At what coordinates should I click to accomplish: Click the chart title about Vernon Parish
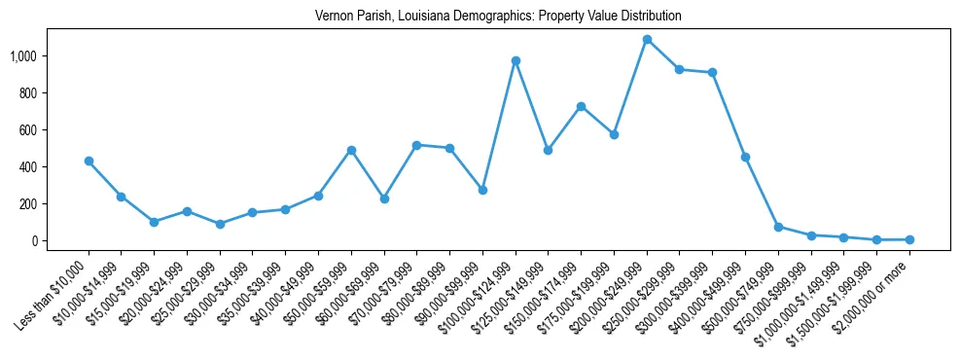pos(498,17)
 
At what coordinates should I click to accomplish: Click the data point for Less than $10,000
pos(89,161)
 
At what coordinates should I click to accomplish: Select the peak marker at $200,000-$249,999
pos(647,40)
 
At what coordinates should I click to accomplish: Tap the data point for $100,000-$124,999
pos(516,60)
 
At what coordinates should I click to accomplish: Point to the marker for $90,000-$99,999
pos(482,190)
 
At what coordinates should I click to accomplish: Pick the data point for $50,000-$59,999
pos(351,150)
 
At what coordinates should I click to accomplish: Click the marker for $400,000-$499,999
pos(745,157)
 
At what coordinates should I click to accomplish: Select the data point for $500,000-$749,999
pos(778,227)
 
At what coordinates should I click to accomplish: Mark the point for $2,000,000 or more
pos(909,239)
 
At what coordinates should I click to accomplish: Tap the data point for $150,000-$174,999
pos(581,106)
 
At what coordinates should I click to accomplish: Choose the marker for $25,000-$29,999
pos(220,224)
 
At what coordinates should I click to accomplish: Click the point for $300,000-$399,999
pos(713,72)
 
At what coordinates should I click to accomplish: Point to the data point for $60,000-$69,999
pos(384,198)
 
